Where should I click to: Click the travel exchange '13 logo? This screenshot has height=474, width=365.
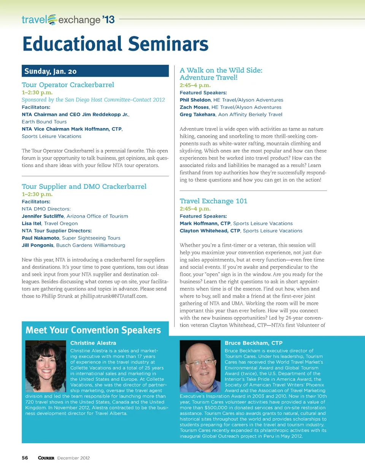click(x=68, y=19)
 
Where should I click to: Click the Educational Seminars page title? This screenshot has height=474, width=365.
click(x=115, y=44)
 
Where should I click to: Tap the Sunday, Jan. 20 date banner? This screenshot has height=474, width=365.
click(x=95, y=71)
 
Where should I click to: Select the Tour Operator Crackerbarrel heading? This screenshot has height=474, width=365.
click(x=68, y=85)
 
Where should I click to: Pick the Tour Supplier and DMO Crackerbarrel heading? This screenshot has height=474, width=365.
click(x=84, y=187)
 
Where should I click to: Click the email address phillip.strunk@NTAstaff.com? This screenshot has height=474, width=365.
click(x=114, y=296)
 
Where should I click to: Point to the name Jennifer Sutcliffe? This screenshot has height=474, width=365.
click(x=43, y=216)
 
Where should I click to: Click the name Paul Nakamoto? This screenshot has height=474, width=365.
click(x=40, y=238)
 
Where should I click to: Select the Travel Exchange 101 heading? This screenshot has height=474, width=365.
click(x=213, y=201)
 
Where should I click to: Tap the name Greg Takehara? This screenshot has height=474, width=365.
click(x=197, y=115)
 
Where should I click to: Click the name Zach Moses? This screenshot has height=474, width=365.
click(x=194, y=107)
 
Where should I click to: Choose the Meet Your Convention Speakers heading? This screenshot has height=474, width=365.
click(x=93, y=330)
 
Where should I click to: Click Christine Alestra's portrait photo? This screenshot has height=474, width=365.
click(x=46, y=366)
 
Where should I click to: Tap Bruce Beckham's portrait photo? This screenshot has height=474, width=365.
click(x=200, y=366)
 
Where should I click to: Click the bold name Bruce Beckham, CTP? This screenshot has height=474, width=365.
click(x=253, y=343)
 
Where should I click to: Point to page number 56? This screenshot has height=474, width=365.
click(x=25, y=458)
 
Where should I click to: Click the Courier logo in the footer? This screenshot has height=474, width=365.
click(x=46, y=458)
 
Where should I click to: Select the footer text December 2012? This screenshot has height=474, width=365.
click(x=73, y=458)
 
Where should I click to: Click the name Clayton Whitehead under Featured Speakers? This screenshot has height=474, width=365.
click(x=209, y=231)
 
